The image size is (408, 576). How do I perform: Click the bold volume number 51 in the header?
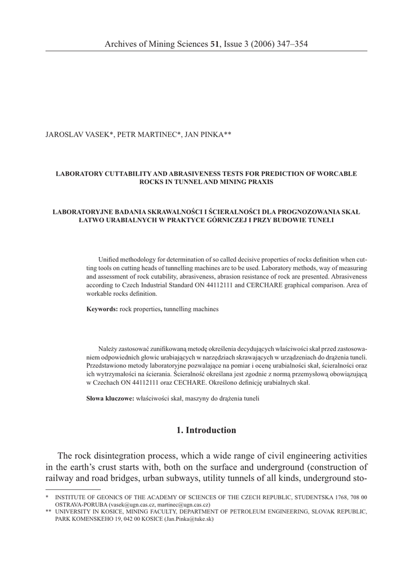tap(214, 44)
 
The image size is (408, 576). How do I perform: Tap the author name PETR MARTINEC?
tap(148, 134)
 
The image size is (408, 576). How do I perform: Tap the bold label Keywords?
tap(102, 309)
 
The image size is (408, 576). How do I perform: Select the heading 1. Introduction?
tap(206, 430)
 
